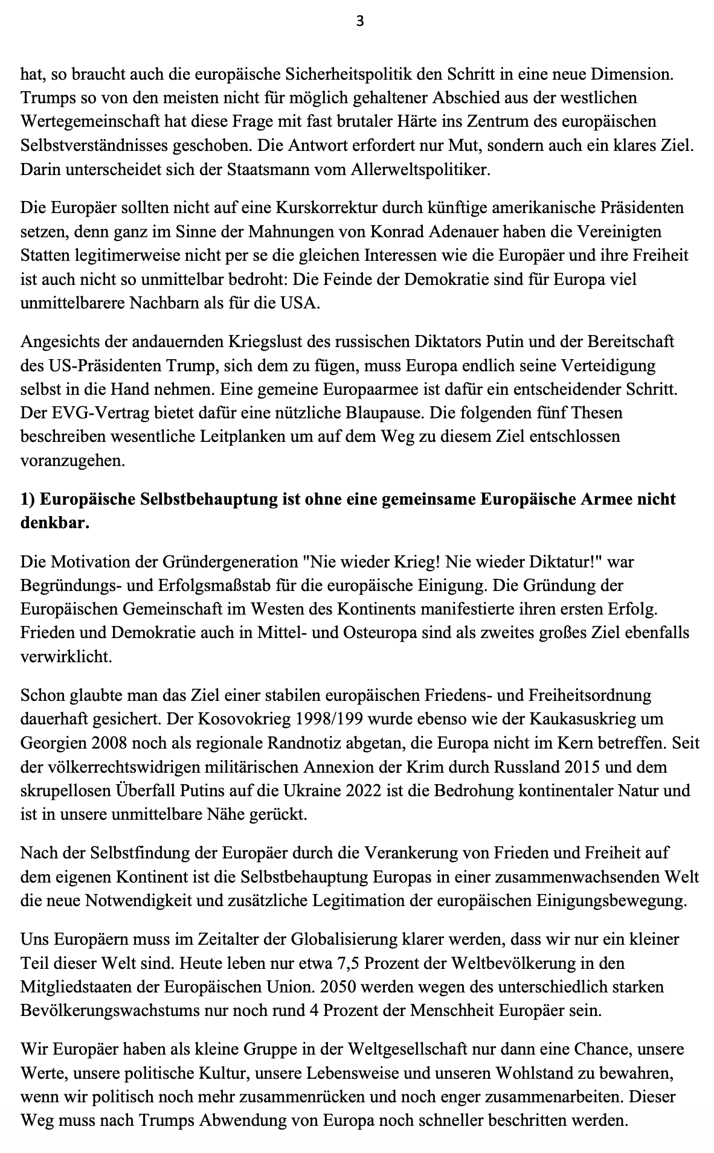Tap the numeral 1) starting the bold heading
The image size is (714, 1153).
[x=30, y=500]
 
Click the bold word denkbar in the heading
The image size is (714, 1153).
[x=54, y=523]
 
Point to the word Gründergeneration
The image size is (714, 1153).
[x=230, y=563]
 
